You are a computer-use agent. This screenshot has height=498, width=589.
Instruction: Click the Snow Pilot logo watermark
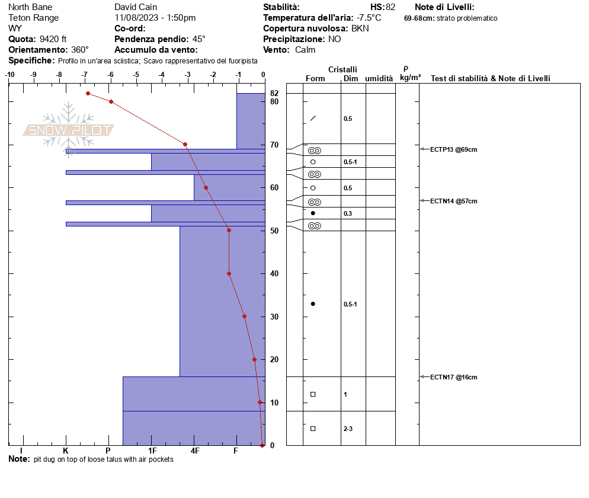[x=68, y=130]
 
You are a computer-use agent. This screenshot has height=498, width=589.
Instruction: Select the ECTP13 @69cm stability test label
[x=453, y=149]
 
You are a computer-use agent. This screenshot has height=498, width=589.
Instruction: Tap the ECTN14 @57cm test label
[x=453, y=201]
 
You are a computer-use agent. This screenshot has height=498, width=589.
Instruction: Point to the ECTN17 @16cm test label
[x=453, y=377]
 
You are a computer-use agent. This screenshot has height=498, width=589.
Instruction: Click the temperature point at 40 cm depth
[x=229, y=274]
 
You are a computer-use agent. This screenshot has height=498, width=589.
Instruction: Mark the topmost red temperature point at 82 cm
[x=88, y=93]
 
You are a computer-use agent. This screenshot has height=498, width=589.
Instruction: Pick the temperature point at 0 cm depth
[x=262, y=445]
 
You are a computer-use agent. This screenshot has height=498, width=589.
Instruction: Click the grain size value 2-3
[x=348, y=429]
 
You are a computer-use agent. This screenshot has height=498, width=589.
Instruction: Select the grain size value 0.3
[x=347, y=213]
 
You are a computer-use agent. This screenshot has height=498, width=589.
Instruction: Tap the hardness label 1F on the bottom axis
[x=152, y=451]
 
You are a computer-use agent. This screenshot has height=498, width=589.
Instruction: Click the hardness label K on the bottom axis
[x=65, y=451]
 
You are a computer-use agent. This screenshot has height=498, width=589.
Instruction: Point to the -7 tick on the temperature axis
[x=85, y=75]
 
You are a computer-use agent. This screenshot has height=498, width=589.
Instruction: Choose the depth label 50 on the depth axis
[x=274, y=231]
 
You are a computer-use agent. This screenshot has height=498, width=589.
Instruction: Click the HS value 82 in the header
[x=390, y=7]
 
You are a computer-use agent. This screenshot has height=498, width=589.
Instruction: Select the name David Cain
[x=136, y=7]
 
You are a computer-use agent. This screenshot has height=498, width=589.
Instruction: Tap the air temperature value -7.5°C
[x=369, y=18]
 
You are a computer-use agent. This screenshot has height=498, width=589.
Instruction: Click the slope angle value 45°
[x=199, y=39]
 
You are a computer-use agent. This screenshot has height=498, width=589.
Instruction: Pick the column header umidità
[x=379, y=78]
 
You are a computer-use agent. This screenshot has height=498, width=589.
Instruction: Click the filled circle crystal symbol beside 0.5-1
[x=313, y=304]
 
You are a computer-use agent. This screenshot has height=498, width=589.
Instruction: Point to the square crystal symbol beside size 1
[x=313, y=394]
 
